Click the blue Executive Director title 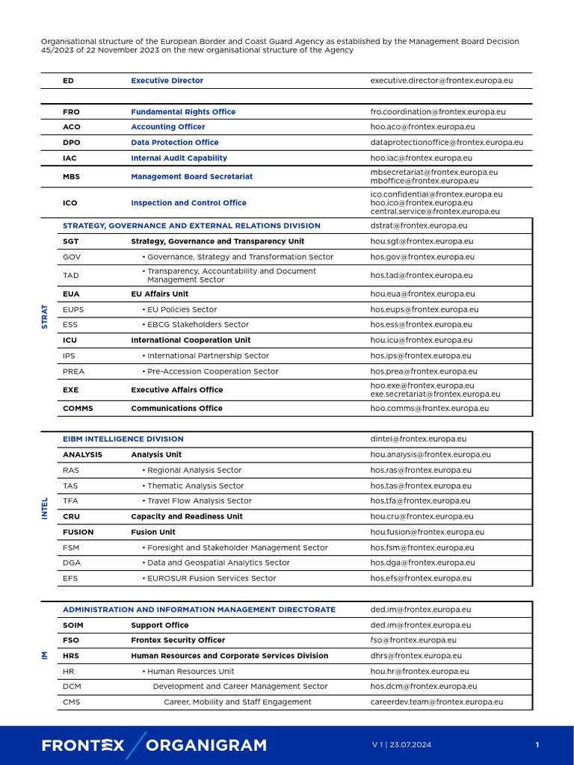click(x=167, y=81)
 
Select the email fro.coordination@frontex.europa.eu click(x=438, y=112)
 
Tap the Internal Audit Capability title click(x=179, y=158)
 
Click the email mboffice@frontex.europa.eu click(x=425, y=181)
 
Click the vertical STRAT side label click(x=45, y=317)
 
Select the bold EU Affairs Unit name click(x=159, y=294)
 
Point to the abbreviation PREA click(x=73, y=371)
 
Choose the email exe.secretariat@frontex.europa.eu click(x=435, y=394)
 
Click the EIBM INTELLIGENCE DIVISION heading click(x=123, y=439)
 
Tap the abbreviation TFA click(x=70, y=501)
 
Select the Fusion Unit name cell click(x=153, y=533)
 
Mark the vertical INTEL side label click(x=45, y=509)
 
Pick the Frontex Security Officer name click(x=178, y=640)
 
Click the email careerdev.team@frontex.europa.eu click(x=436, y=702)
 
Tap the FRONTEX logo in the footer click(x=83, y=745)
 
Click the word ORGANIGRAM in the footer click(x=206, y=745)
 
